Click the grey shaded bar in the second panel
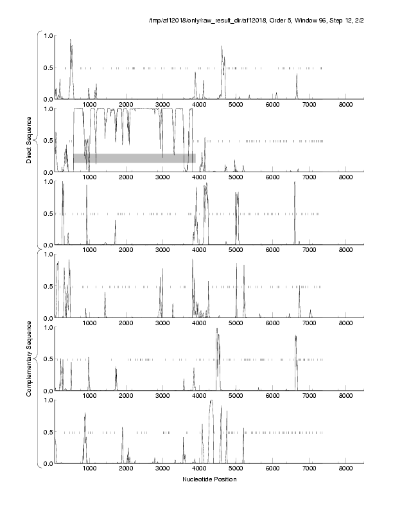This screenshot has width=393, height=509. (134, 158)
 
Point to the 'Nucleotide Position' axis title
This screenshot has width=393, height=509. (209, 479)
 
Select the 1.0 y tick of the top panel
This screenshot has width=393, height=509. (48, 35)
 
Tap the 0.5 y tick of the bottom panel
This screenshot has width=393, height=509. (48, 432)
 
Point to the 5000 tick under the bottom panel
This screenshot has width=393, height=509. (236, 469)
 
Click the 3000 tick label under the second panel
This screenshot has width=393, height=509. (162, 177)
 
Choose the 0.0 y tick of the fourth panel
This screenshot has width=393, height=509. (48, 318)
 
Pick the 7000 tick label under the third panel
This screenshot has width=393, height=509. (309, 251)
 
